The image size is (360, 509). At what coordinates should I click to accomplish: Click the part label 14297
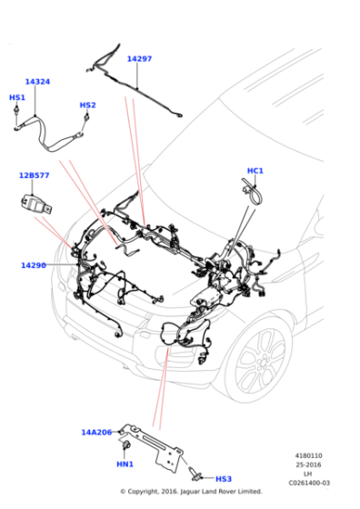pos(139,59)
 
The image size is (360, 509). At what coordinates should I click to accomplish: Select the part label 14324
pos(37,82)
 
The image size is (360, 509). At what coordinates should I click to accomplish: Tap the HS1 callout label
pos(17,97)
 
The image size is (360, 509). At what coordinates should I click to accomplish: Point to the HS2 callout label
pos(87,105)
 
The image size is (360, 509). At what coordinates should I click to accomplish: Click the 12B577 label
pos(34,175)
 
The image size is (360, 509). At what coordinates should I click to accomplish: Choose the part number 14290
pos(34,265)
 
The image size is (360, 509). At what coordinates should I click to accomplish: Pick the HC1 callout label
pos(255,171)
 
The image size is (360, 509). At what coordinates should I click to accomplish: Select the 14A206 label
pos(96,433)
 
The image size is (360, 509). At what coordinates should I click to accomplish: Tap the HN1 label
pos(125,464)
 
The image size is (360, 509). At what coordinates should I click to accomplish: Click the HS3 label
pos(224,479)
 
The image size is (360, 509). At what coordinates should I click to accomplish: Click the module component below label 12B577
pos(35,205)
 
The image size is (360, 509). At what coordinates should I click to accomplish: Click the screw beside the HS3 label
pos(195,474)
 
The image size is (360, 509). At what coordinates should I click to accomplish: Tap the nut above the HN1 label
pos(125,445)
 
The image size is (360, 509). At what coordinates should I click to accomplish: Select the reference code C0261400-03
pos(309,483)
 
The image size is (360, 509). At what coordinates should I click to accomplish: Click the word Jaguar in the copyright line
pos(190,492)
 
